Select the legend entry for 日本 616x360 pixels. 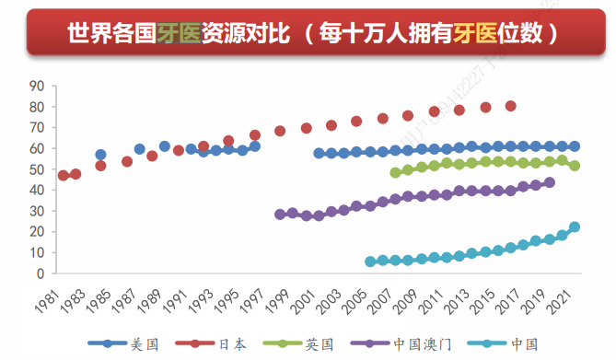[x=231, y=343]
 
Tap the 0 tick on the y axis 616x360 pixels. [x=41, y=273]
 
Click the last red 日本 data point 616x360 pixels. [x=511, y=106]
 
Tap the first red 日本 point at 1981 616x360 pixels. [x=63, y=176]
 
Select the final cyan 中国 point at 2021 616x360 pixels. [x=575, y=226]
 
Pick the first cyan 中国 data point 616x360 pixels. [x=370, y=261]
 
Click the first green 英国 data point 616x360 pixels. [x=396, y=172]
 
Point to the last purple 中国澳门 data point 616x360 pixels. [x=550, y=182]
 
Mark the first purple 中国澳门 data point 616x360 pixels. [x=280, y=215]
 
